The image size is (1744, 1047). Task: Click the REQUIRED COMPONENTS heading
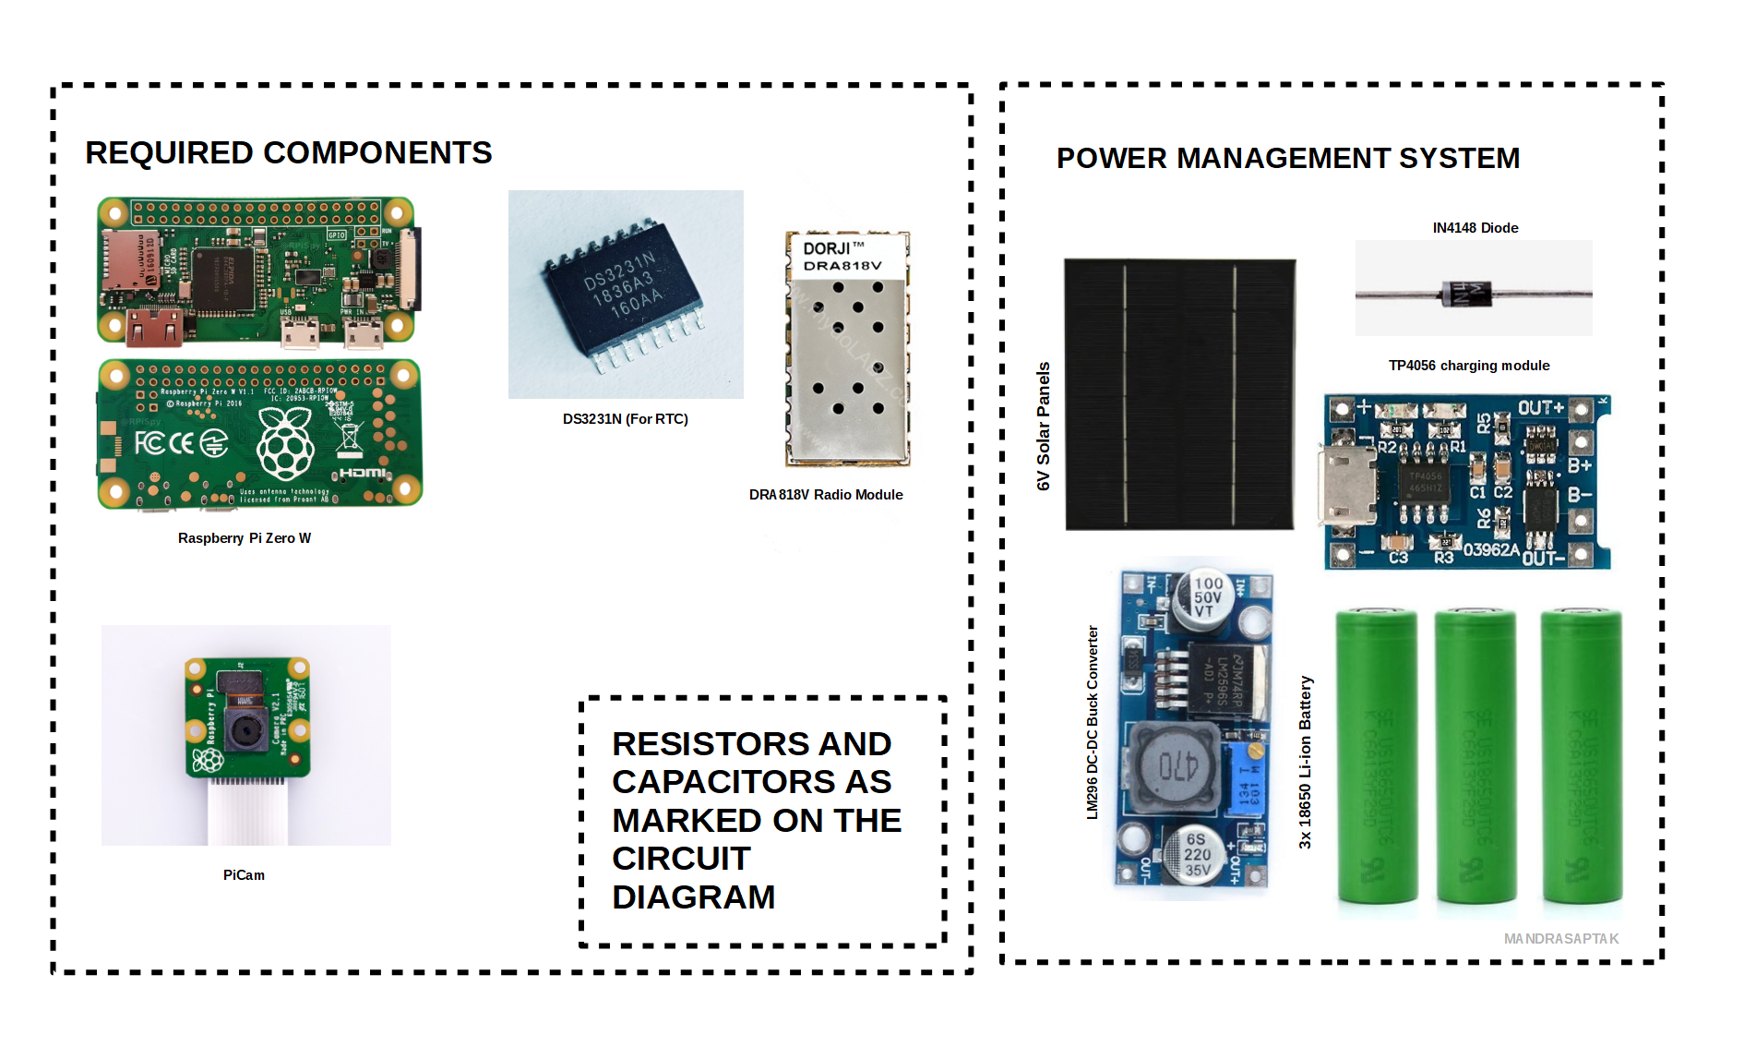(288, 153)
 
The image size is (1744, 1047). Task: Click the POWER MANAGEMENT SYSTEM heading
(1287, 159)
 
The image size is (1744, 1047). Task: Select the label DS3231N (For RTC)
(625, 419)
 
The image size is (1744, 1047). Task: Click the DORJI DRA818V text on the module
(842, 257)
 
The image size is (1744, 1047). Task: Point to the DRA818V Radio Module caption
(825, 495)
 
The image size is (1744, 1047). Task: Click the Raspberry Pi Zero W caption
(244, 538)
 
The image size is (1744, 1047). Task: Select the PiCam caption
(244, 875)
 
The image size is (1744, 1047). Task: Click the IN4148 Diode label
(1475, 228)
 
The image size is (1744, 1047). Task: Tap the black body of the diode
(1465, 295)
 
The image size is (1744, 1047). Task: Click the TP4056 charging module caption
(1468, 366)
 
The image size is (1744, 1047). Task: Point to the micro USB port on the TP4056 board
(1345, 482)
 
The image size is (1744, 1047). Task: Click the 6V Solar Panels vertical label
(1044, 426)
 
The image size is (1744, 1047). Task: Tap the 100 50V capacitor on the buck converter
(1205, 597)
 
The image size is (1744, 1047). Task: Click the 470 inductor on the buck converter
(1177, 765)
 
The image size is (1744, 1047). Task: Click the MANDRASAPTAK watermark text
(1560, 939)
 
